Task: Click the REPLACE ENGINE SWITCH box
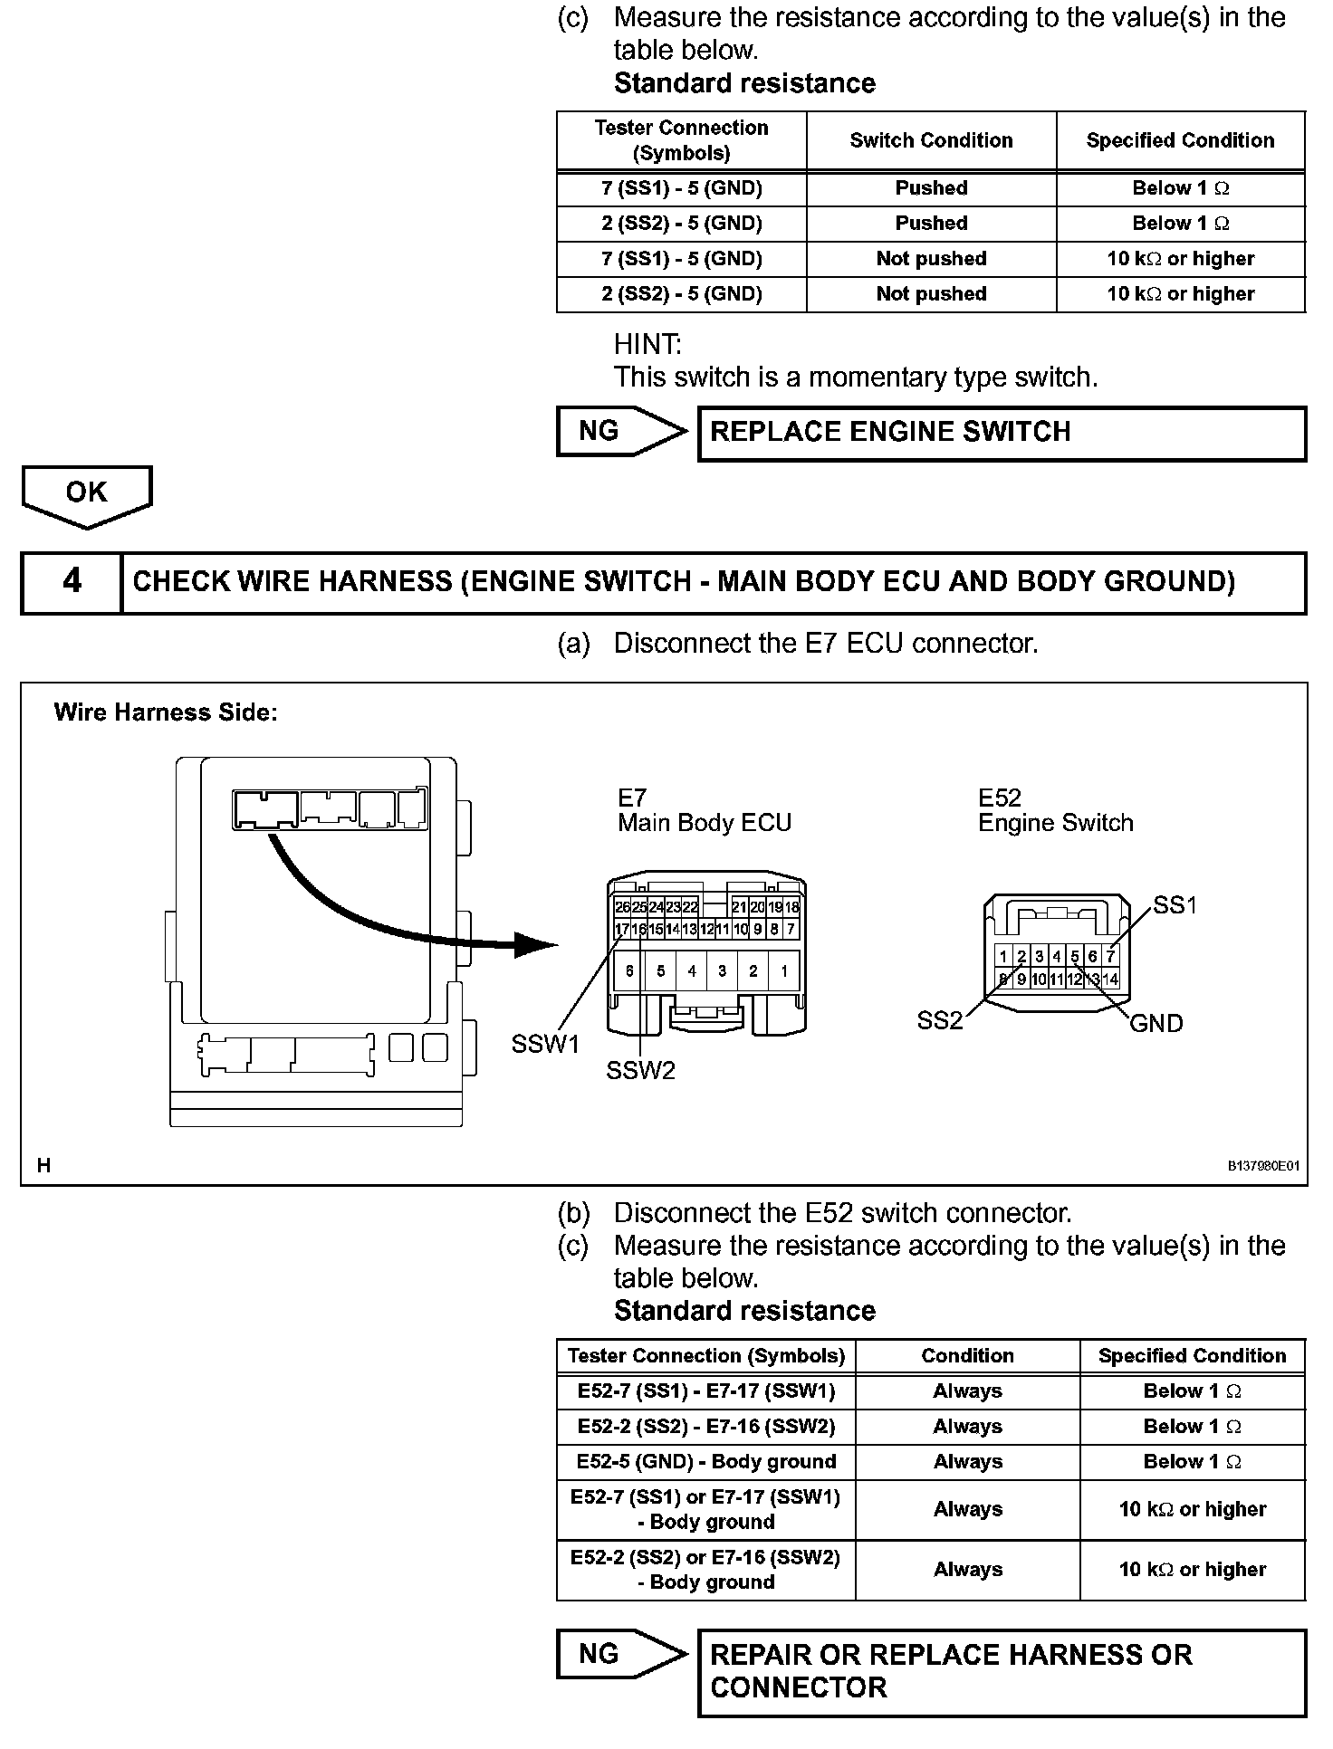point(1002,433)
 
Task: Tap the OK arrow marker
point(87,494)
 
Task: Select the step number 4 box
point(72,581)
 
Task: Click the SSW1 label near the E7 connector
point(545,1044)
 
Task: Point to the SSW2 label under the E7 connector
point(640,1071)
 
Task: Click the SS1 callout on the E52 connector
point(1175,904)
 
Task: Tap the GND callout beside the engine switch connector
point(1156,1023)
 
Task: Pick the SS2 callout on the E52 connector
point(940,1020)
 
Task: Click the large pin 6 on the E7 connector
point(630,971)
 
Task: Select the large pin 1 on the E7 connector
point(783,971)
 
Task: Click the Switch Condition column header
point(931,140)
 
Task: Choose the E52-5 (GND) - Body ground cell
point(705,1461)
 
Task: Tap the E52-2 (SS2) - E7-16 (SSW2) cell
point(705,1426)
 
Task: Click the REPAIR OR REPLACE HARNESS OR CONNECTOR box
point(1002,1671)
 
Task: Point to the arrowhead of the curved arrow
point(538,945)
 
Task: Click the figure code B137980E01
point(1262,1166)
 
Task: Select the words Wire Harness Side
point(166,712)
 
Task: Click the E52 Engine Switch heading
point(1055,810)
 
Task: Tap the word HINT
point(647,345)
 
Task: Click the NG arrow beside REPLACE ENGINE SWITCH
point(621,431)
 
